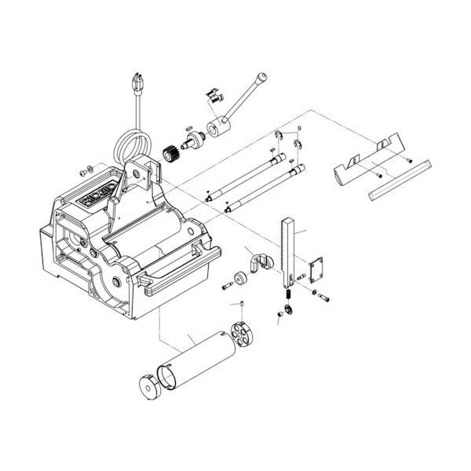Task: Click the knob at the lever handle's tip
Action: coord(261,76)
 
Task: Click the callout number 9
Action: coord(299,128)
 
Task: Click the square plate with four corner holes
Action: coord(319,269)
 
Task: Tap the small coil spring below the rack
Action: coord(288,294)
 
